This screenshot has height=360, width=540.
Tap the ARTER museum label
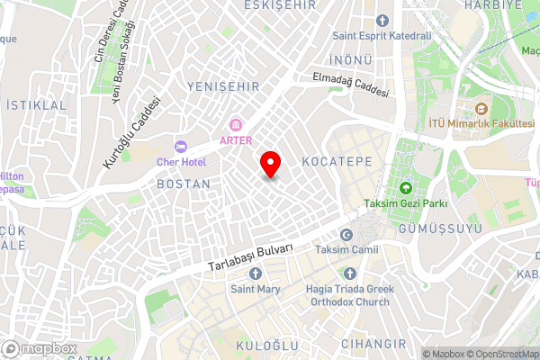(x=236, y=140)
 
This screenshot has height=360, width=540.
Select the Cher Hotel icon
(x=180, y=146)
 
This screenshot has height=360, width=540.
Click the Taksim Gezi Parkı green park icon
(x=405, y=188)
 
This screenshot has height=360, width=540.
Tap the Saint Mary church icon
(x=256, y=273)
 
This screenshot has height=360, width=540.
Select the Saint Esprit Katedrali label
(x=382, y=35)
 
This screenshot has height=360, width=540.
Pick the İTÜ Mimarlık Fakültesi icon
(x=466, y=107)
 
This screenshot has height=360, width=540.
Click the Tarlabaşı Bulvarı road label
(x=250, y=256)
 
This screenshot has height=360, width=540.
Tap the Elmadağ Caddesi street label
(x=350, y=85)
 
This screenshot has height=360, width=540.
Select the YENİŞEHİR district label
(x=222, y=86)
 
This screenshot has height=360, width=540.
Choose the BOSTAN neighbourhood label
(x=184, y=184)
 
